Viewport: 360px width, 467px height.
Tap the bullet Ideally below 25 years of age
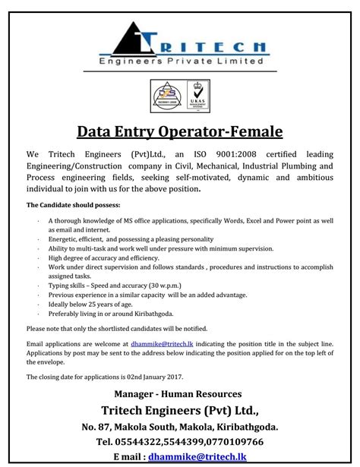(94, 303)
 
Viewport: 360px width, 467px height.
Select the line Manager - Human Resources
(179, 393)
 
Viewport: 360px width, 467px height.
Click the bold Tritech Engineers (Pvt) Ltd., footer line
(179, 409)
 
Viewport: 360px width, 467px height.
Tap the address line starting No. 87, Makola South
(179, 426)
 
